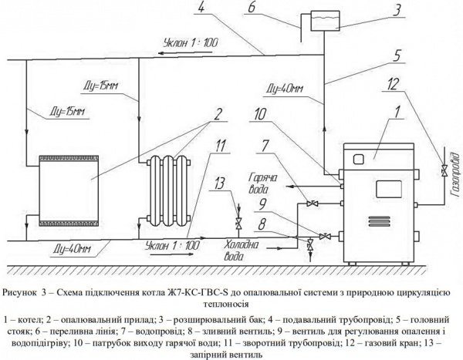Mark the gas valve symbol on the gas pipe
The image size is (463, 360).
[x=442, y=169]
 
